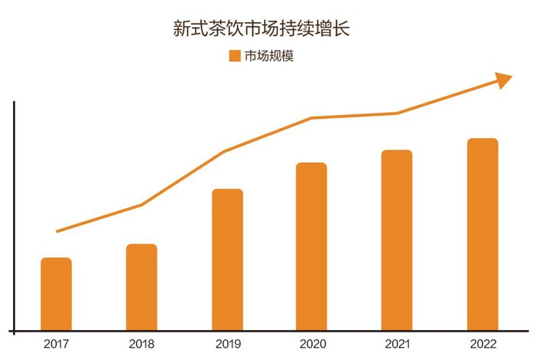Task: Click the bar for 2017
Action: coord(56,294)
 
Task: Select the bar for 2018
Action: coord(141,287)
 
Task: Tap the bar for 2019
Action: coord(227,259)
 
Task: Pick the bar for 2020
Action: coord(311,246)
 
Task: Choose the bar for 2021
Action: coord(397,240)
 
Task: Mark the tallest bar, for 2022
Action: coord(483,234)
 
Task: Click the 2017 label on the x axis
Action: coord(56,344)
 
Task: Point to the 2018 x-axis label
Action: coord(141,344)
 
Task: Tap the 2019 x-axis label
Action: coord(227,344)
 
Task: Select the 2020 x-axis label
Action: coord(311,344)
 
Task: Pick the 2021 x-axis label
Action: coord(397,344)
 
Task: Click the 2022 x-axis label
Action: coord(483,344)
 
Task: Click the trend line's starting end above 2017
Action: coord(58,231)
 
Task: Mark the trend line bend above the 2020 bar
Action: coord(311,118)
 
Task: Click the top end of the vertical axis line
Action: coord(14,102)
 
